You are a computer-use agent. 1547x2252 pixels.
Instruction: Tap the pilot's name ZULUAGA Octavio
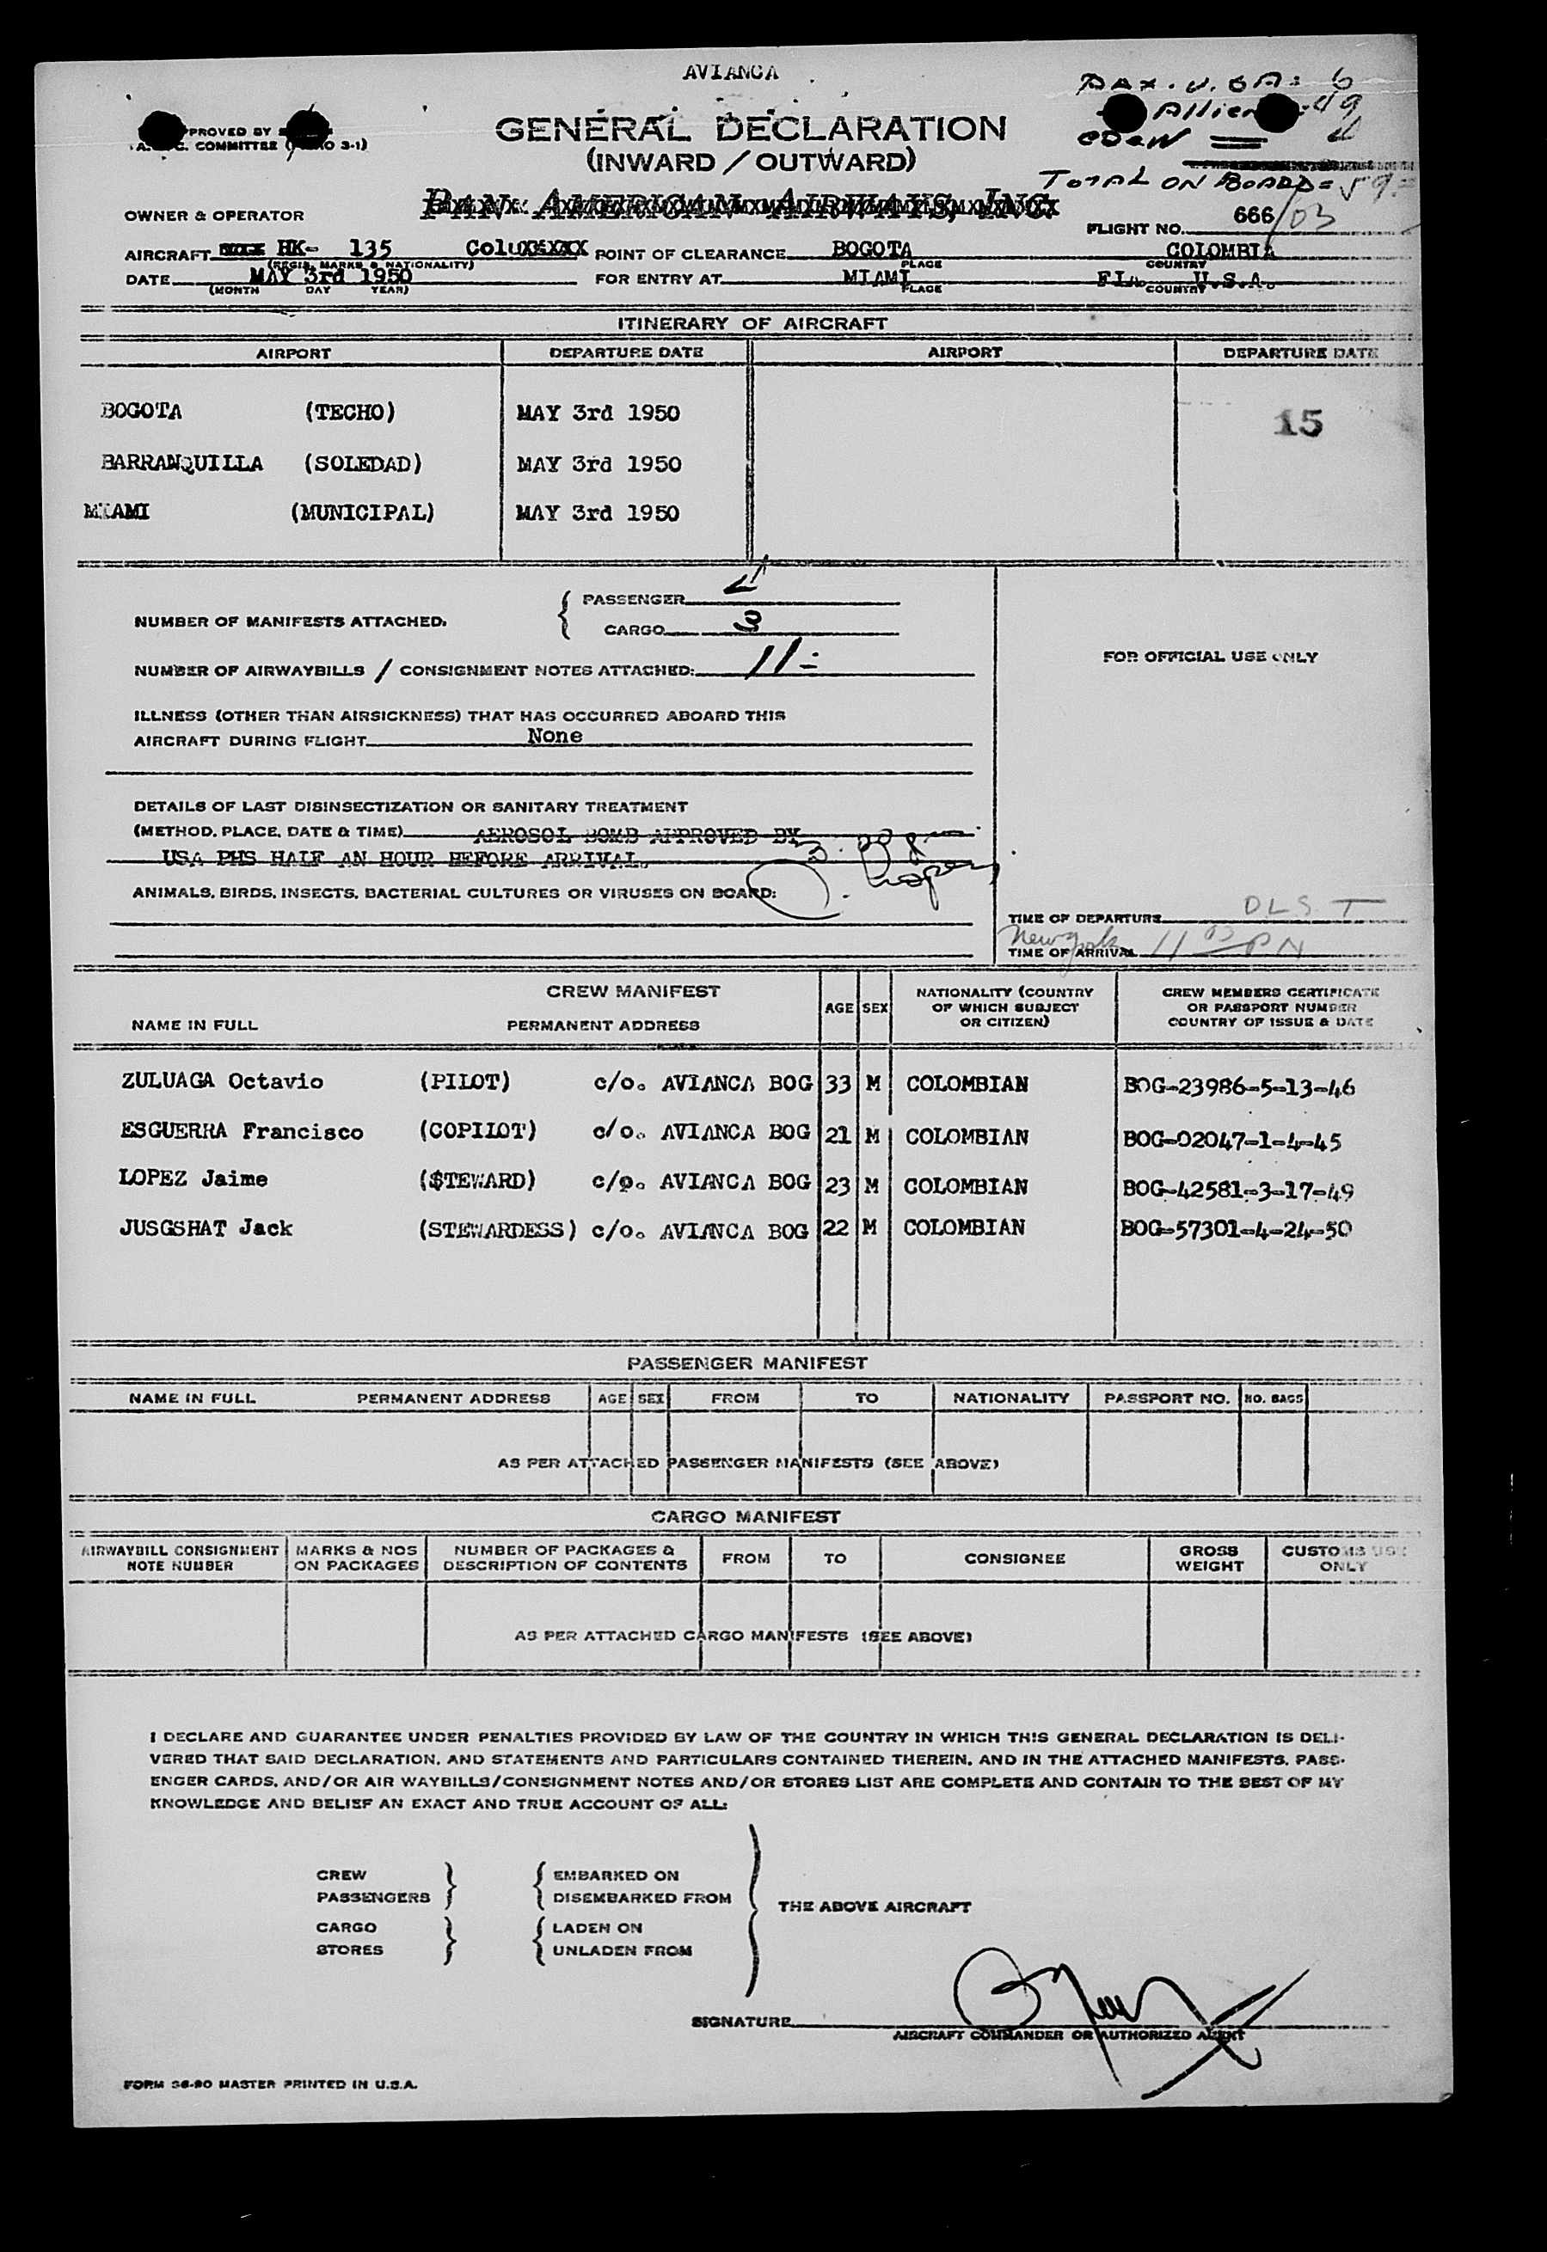222,1081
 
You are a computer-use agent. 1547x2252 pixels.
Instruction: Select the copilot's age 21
838,1135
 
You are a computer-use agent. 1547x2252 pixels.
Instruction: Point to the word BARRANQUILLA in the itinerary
182,463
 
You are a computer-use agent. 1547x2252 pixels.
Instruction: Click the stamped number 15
1298,423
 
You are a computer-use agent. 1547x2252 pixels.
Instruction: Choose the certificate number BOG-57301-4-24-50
1236,1230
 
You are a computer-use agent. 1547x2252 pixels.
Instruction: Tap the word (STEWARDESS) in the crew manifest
497,1230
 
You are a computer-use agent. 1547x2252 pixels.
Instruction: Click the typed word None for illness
555,736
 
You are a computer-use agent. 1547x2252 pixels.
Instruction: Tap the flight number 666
1252,215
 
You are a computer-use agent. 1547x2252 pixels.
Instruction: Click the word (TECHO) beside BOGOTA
350,412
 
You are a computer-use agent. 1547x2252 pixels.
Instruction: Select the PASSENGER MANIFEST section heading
746,1362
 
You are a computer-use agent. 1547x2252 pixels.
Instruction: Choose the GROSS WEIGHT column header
1207,1557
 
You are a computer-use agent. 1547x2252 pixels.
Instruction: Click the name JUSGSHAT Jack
206,1227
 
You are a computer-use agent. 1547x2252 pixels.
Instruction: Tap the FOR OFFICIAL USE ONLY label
1210,656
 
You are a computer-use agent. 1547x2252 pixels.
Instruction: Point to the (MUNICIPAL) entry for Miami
363,512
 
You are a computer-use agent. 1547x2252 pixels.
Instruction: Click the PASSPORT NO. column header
1166,1398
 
